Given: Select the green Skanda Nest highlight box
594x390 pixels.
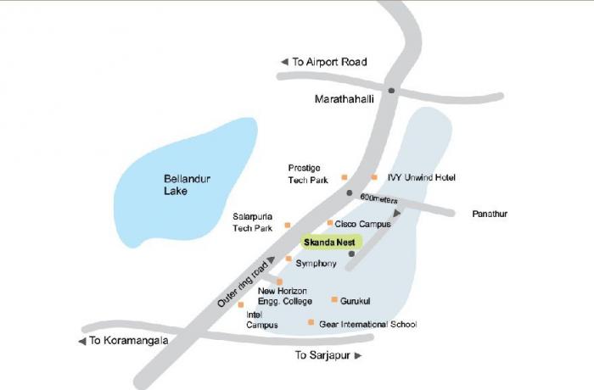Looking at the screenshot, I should pyautogui.click(x=329, y=242).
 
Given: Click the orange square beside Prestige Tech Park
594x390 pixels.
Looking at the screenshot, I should pyautogui.click(x=344, y=177).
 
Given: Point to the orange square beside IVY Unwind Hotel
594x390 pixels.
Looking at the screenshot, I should pyautogui.click(x=374, y=177).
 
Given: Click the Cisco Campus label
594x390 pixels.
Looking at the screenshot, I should pyautogui.click(x=362, y=224).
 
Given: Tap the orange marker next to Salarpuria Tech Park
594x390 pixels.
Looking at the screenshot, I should pyautogui.click(x=288, y=225).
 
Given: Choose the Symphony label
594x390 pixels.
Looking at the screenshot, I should pyautogui.click(x=316, y=264).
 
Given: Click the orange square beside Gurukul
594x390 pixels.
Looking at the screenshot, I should pyautogui.click(x=334, y=299).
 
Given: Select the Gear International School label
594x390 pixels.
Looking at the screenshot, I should pyautogui.click(x=367, y=324).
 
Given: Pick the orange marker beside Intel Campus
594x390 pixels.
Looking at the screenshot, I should pyautogui.click(x=241, y=304).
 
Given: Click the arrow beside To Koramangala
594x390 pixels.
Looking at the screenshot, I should pyautogui.click(x=81, y=341).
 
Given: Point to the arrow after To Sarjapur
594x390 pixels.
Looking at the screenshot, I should pyautogui.click(x=358, y=356).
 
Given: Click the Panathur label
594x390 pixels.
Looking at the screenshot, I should pyautogui.click(x=490, y=214).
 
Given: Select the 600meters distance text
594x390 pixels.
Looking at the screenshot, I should pyautogui.click(x=378, y=198).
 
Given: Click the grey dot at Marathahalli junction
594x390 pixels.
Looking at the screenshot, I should pyautogui.click(x=391, y=90).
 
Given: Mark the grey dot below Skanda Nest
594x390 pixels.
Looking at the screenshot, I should pyautogui.click(x=351, y=253).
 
